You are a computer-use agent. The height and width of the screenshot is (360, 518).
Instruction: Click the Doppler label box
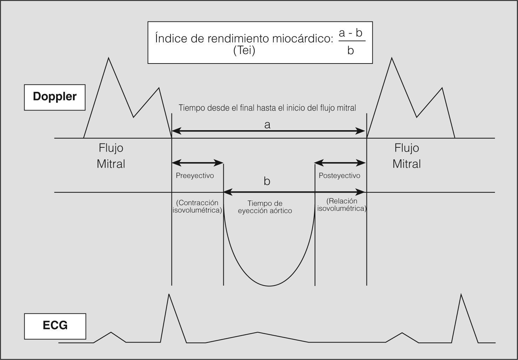tap(55, 97)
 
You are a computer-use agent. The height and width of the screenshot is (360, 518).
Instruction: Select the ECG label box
tap(55, 326)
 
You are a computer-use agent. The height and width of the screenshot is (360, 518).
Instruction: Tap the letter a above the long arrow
tap(267, 125)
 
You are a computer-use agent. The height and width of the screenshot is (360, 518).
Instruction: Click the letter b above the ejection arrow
tap(267, 181)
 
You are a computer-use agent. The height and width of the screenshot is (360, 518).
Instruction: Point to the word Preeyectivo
tap(195, 175)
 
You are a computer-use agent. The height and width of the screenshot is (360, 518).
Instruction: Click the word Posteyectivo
tap(339, 175)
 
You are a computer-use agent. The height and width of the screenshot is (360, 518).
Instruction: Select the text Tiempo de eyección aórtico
tap(265, 207)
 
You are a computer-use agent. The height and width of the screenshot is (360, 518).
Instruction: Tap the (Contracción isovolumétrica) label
tap(197, 207)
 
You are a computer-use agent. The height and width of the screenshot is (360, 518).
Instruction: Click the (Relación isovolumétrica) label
tap(342, 205)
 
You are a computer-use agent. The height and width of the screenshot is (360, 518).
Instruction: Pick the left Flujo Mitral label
tap(111, 156)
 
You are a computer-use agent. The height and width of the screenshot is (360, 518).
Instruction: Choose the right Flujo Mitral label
tap(406, 156)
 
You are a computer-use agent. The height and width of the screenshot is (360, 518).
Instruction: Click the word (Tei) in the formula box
tap(244, 51)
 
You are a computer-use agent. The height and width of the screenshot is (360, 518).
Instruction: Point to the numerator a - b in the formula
tap(350, 33)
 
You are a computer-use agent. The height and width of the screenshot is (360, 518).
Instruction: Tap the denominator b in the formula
tap(350, 51)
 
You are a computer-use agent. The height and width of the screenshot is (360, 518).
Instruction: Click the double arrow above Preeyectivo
tap(197, 163)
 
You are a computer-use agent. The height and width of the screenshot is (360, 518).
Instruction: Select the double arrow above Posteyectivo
tap(340, 163)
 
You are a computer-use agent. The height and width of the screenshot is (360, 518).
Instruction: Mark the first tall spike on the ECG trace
tap(169, 295)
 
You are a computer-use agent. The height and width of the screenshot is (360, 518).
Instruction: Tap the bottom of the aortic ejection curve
tap(269, 285)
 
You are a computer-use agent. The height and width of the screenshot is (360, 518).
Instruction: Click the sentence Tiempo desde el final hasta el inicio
tap(267, 108)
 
